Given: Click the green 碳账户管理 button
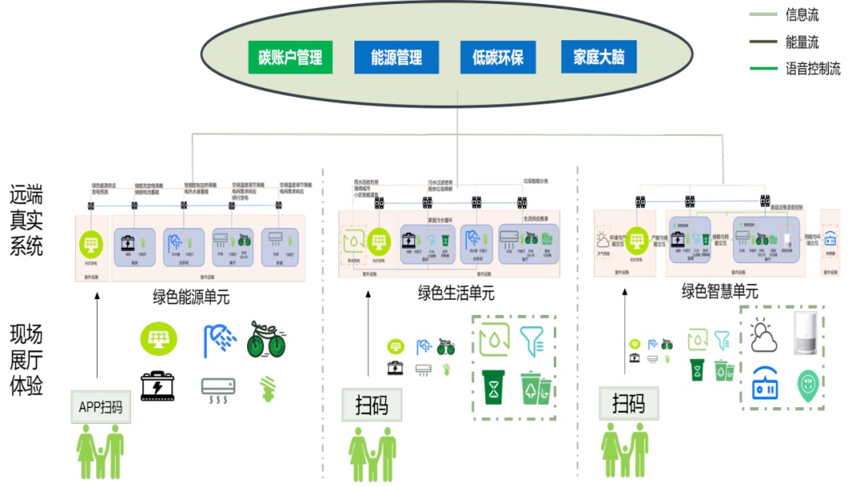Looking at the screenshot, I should tap(290, 58).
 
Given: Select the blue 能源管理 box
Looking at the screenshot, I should tap(396, 58).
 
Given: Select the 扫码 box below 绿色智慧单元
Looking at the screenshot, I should tap(628, 403).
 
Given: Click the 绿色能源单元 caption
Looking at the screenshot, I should tap(191, 298).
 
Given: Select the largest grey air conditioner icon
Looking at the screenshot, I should tap(218, 388).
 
